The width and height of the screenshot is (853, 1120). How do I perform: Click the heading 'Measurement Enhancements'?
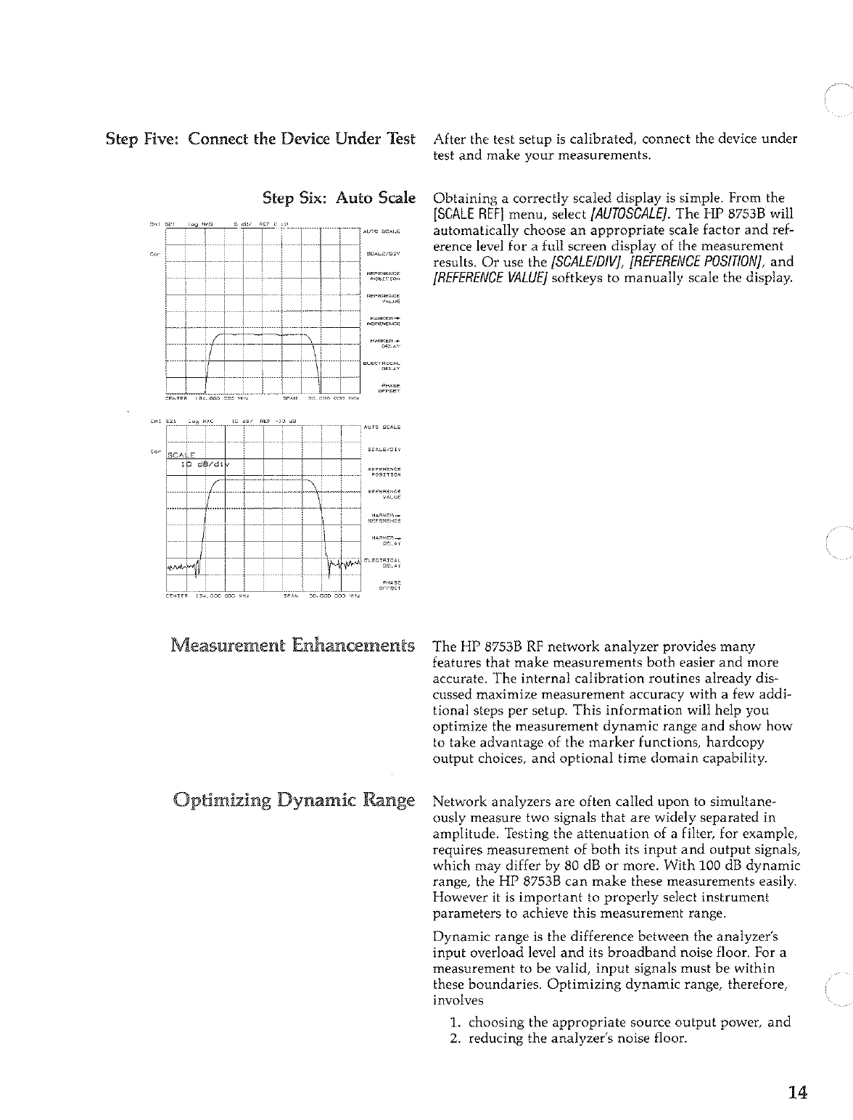coord(292,645)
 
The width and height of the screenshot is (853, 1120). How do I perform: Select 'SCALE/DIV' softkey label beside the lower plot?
coord(386,449)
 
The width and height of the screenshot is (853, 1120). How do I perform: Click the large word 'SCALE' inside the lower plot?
coord(186,454)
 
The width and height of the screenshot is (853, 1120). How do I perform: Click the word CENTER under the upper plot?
coord(177,398)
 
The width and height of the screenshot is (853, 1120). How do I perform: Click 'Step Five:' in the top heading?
coord(143,139)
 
